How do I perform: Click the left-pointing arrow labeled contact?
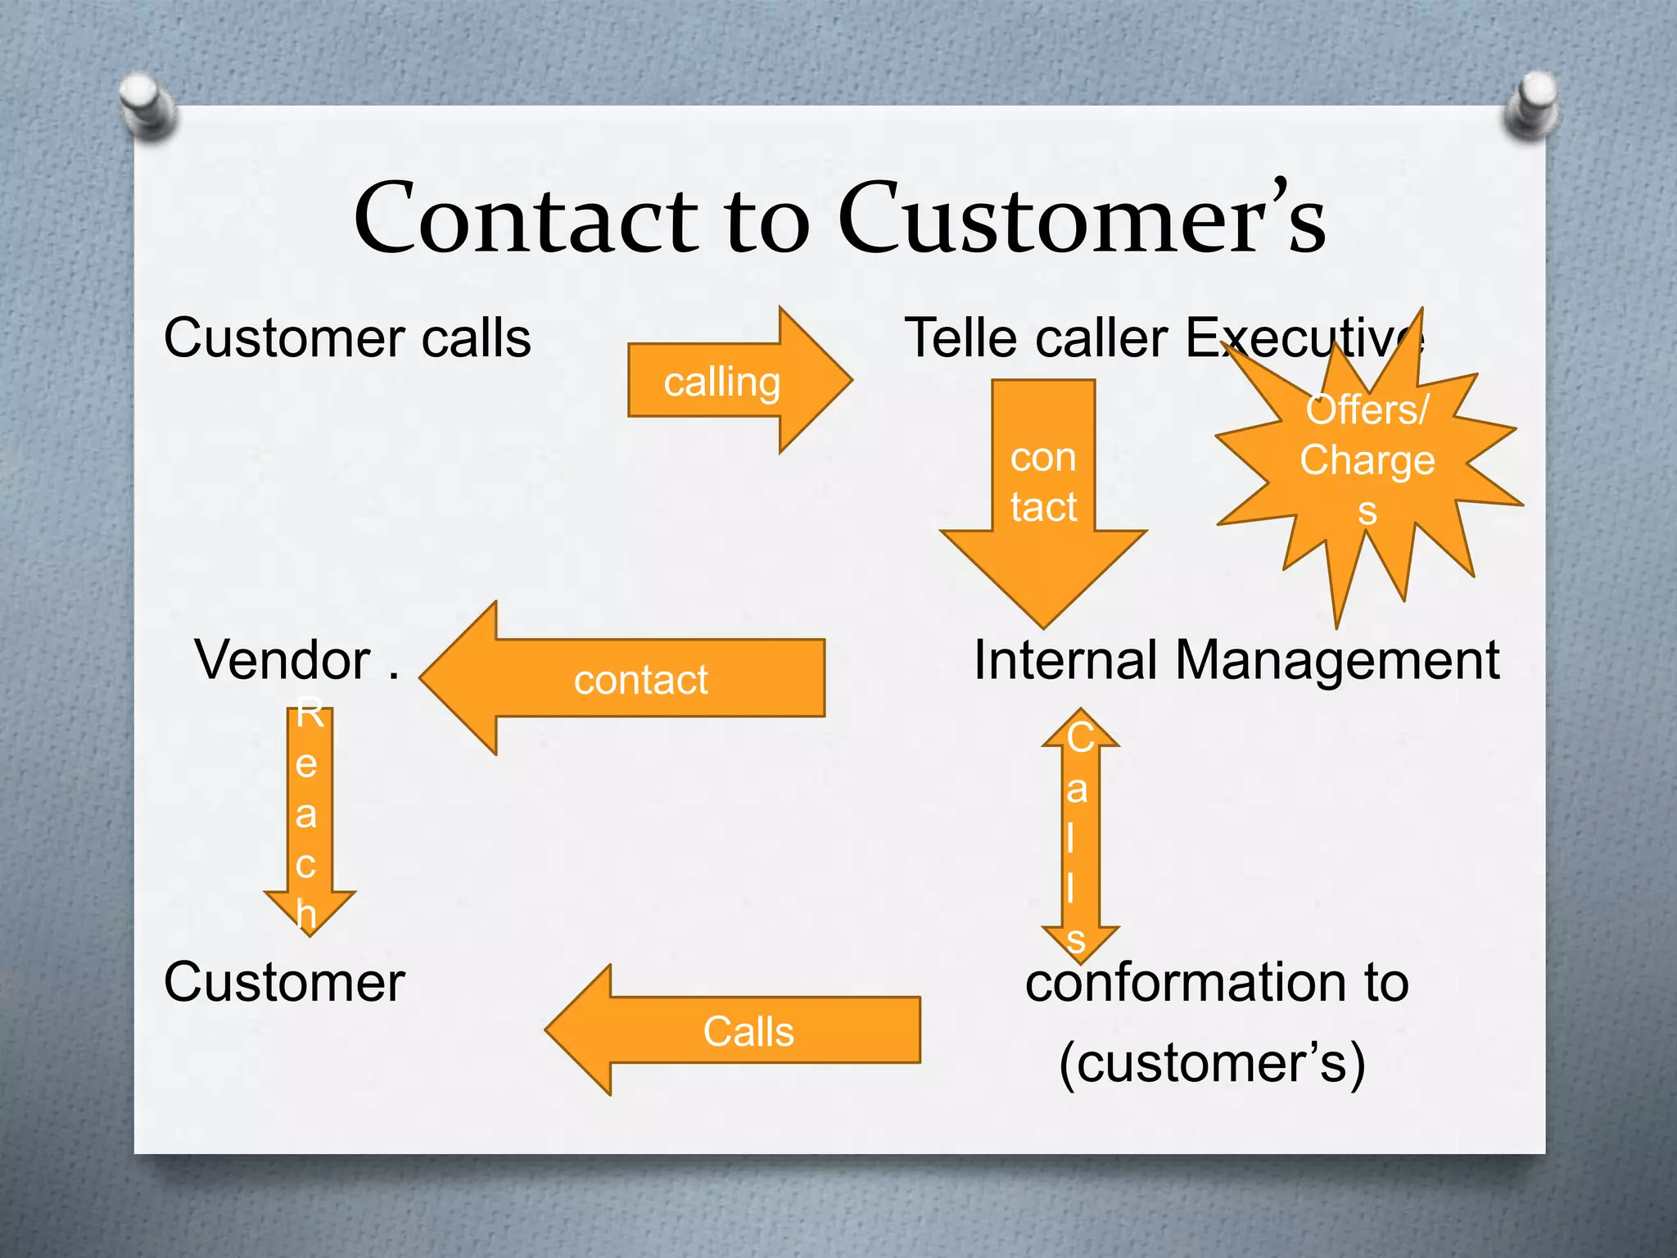[639, 679]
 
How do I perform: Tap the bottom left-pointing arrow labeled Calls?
[745, 1031]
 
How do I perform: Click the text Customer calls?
[347, 338]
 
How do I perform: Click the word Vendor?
[283, 660]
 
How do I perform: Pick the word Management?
[1336, 660]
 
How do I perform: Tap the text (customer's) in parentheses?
[1212, 1063]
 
